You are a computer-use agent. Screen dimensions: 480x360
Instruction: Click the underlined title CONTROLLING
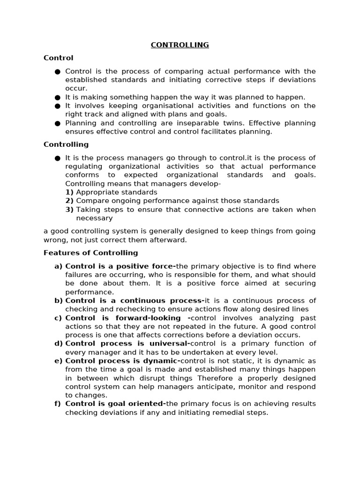180,45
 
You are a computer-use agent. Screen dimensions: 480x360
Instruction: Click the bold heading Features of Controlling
90,253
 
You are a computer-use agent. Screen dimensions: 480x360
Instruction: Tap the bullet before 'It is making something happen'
57,97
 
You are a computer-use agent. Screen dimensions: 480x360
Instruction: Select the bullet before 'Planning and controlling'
57,123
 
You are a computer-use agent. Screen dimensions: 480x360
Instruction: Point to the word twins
232,123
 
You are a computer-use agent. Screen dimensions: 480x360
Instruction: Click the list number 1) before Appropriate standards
69,192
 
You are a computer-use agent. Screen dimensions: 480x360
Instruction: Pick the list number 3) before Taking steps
69,210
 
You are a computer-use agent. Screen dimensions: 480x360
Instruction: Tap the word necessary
94,218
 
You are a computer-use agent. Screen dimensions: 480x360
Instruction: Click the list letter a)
59,266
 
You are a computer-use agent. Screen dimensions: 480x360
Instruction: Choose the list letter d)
59,344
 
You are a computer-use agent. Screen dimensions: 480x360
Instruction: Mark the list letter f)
59,404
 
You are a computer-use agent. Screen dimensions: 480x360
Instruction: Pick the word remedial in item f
223,412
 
